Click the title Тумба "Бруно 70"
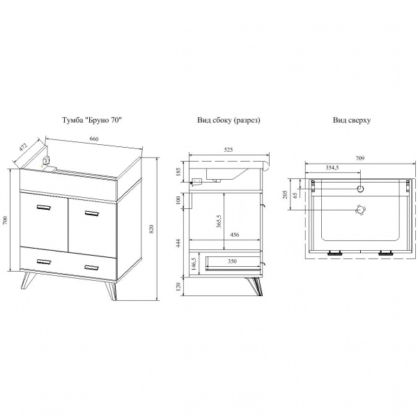(92, 120)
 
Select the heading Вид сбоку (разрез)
(229, 121)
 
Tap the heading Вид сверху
(352, 121)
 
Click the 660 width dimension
(94, 139)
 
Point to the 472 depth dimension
(23, 147)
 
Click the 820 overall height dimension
(152, 229)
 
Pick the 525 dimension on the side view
(229, 150)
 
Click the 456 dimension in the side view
(235, 235)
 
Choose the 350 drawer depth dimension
(232, 261)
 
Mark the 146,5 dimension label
(194, 264)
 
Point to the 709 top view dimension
(359, 158)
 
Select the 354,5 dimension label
(332, 167)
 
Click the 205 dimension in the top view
(285, 194)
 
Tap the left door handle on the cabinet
(44, 207)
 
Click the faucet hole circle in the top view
(360, 189)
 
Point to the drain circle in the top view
(360, 210)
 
